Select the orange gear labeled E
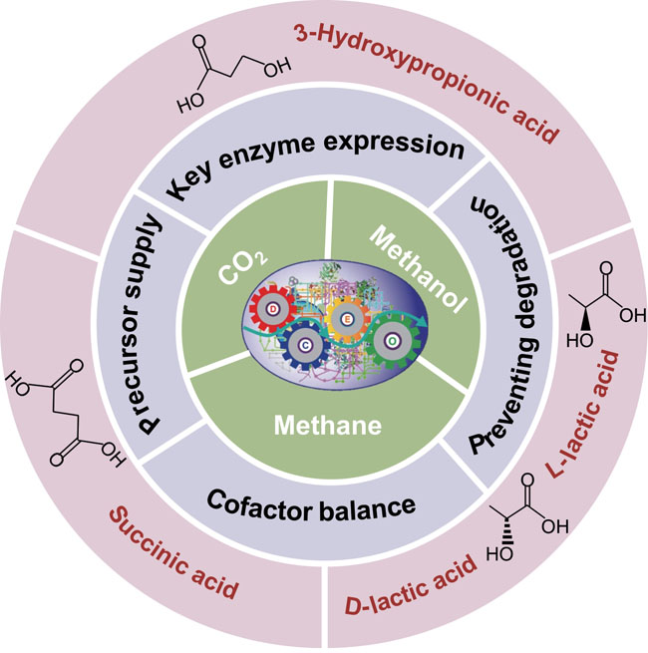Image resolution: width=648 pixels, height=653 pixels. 345,318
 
